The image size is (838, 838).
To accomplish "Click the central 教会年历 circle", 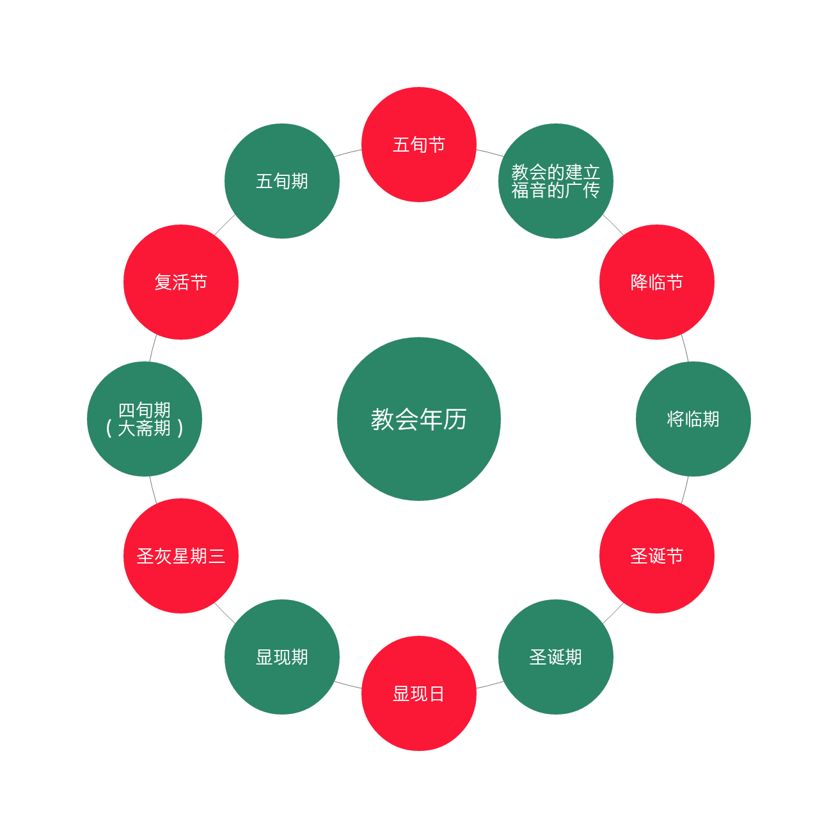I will pos(419,419).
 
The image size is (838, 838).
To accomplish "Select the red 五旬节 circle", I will pos(419,145).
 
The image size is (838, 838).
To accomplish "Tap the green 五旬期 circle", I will pos(282,181).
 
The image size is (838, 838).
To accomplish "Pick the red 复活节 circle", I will pos(181,282).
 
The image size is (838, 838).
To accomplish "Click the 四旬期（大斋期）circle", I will pos(145,419).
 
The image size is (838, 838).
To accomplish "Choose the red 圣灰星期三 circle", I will pos(181,556).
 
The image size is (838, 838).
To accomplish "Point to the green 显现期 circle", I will pos(282,657).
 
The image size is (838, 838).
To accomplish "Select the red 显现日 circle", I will pos(419,693).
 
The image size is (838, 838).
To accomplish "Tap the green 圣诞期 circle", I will pos(556,657).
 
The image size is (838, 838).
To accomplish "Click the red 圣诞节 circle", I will pos(657,556).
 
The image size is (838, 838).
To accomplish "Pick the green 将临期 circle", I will pos(693,419).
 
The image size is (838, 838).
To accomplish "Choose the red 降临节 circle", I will pos(657,282).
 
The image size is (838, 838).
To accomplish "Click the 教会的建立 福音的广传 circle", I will pos(556,181).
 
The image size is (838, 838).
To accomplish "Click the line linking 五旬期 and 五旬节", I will pos(349,153).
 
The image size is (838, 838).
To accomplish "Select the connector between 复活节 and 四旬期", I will pos(153,348).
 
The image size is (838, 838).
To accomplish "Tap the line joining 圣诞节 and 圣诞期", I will pos(613,613).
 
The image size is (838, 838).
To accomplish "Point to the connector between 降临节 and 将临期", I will pos(685,348).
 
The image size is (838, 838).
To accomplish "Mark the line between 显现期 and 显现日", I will pos(349,685).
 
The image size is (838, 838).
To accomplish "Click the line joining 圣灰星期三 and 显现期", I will pos(225,613).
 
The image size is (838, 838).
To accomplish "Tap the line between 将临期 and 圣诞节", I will pos(685,490).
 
